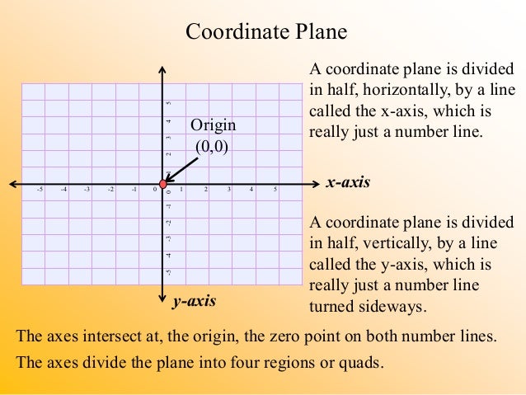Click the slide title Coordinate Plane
point(266,32)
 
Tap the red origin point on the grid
point(163,182)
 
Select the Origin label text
point(213,125)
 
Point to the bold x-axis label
point(348,182)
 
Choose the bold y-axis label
point(194,301)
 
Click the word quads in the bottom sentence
point(362,363)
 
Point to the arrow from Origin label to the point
point(181,168)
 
